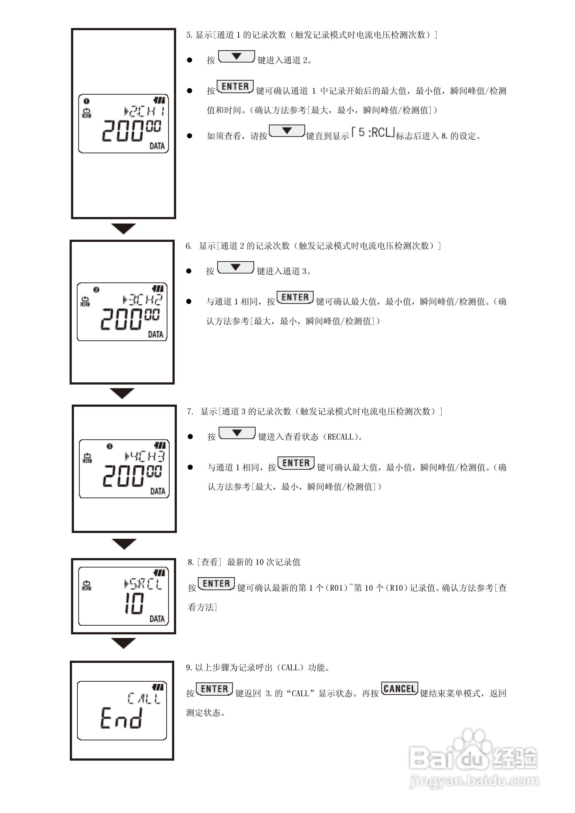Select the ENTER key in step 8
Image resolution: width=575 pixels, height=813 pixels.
point(216,583)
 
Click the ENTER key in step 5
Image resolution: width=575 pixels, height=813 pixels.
point(235,86)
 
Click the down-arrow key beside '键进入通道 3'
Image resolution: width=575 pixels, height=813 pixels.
point(235,267)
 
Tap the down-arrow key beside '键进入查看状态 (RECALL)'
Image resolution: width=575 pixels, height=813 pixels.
point(237,433)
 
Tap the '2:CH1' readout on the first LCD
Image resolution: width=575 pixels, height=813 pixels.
point(145,112)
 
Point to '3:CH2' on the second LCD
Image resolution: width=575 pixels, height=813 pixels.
point(143,300)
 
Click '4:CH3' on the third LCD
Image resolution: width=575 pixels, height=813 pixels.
point(145,456)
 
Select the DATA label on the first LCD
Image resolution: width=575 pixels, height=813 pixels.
point(157,146)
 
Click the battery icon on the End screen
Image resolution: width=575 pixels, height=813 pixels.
point(158,687)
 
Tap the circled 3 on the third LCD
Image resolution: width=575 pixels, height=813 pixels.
point(109,446)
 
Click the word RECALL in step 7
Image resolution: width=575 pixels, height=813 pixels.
point(340,437)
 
